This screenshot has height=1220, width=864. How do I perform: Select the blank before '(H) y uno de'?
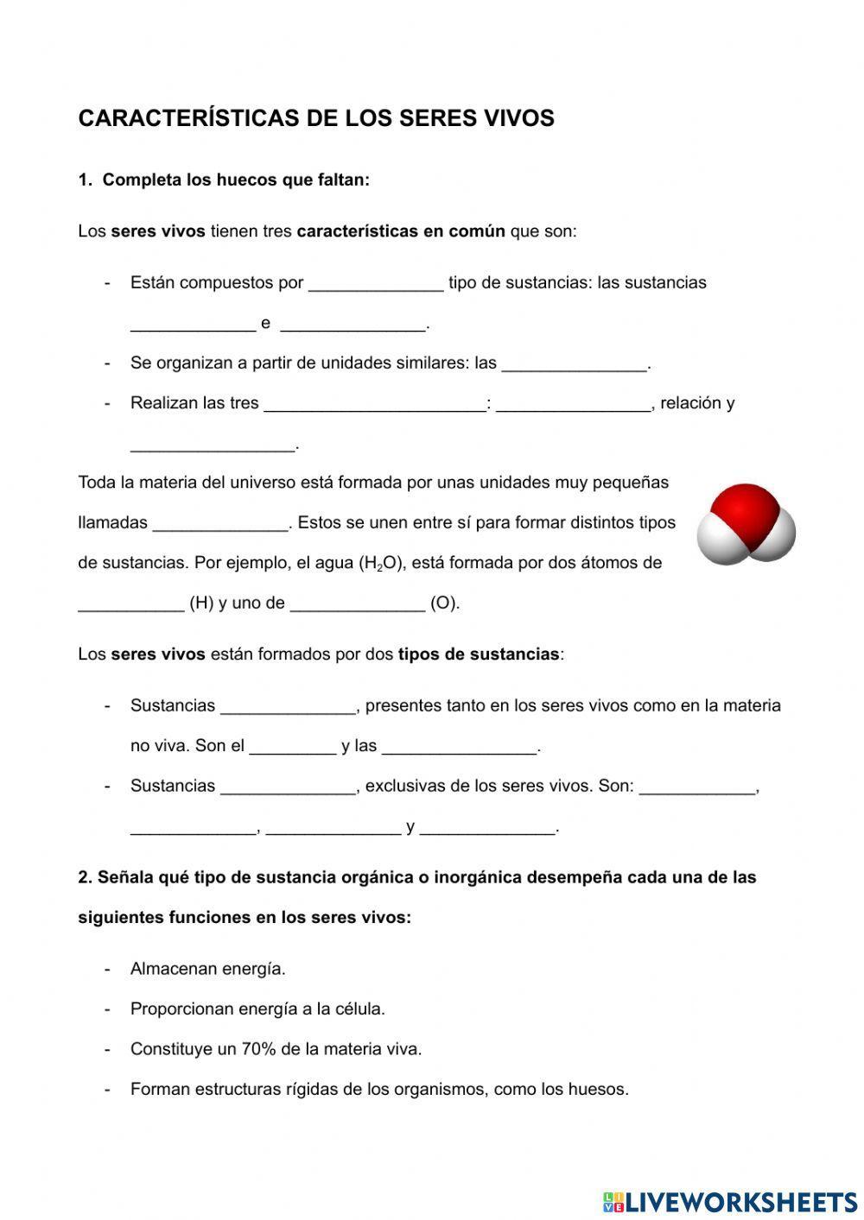[130, 603]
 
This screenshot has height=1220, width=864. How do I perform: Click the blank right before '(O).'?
[357, 603]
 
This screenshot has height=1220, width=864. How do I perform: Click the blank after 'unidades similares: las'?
[574, 363]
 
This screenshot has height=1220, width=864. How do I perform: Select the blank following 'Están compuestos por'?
[376, 283]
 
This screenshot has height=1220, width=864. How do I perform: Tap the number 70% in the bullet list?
[258, 1049]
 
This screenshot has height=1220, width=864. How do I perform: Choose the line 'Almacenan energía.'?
[207, 969]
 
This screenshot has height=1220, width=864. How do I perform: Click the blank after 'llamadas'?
[219, 523]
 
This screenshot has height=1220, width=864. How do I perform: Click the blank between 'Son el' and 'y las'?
[292, 746]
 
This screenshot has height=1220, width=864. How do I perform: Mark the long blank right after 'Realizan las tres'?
[374, 403]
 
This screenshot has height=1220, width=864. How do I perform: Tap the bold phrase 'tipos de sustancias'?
[478, 654]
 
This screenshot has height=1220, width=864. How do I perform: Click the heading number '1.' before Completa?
[85, 180]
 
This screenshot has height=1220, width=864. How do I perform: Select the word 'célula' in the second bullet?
[357, 1009]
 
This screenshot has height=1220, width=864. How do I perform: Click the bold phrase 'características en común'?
[401, 231]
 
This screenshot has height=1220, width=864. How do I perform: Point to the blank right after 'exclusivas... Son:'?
[696, 787]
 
